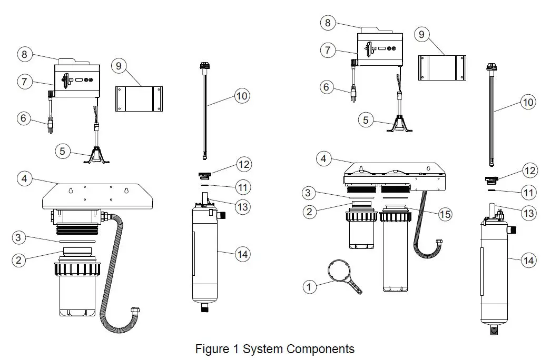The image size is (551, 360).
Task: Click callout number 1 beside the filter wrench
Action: [x=310, y=287]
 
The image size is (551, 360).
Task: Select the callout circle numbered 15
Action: [x=446, y=214]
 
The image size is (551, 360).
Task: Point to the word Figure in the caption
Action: [x=212, y=349]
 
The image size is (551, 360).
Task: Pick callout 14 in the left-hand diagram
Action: [x=242, y=254]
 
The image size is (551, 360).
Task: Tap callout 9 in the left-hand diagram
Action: [x=119, y=66]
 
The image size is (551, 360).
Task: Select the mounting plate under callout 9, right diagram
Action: [x=442, y=67]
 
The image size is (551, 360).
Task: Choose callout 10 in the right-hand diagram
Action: [x=527, y=102]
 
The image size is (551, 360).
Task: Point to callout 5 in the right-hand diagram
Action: [x=366, y=120]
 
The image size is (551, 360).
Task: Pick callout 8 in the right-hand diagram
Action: [x=328, y=23]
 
